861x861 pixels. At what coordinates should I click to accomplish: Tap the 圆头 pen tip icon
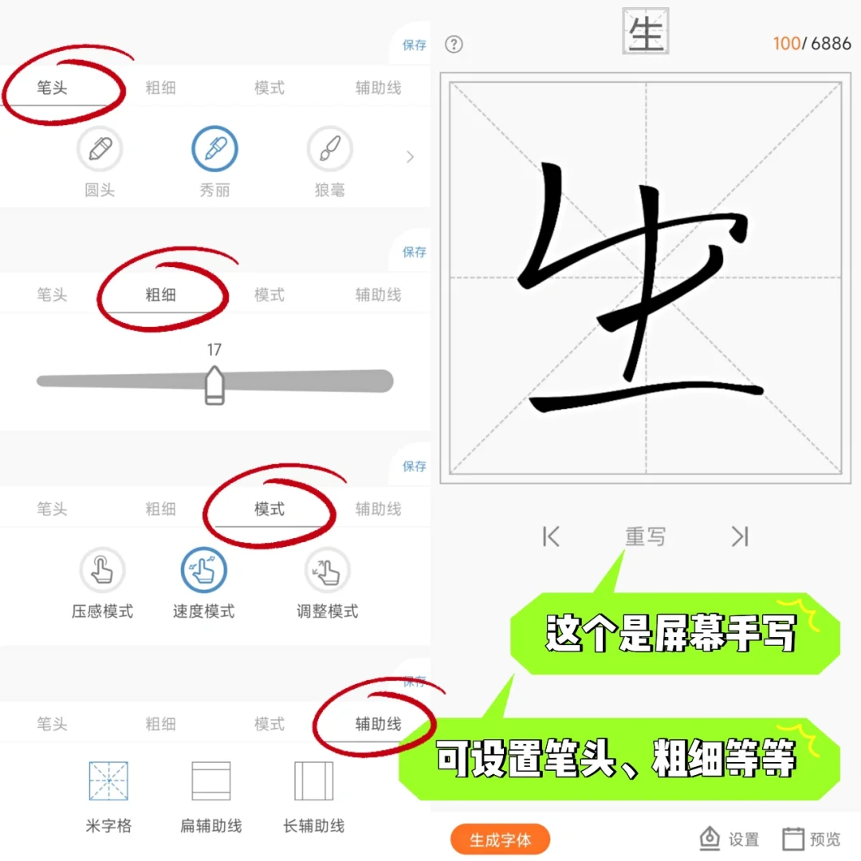[100, 149]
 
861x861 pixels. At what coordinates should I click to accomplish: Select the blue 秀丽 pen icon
[214, 149]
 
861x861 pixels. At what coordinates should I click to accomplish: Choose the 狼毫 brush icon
[329, 149]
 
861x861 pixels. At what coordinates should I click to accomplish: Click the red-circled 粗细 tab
[160, 295]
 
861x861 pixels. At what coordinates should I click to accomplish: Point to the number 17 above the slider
[214, 350]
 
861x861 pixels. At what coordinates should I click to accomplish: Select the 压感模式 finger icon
[102, 570]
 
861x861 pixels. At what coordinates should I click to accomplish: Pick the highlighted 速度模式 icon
[204, 570]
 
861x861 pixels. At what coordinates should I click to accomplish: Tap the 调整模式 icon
[328, 570]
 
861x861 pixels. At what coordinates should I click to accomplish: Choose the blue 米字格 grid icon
[108, 781]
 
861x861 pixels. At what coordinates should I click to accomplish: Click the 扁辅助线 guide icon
[211, 781]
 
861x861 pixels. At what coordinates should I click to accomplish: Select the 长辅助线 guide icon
[313, 781]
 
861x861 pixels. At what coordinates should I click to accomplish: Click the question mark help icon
[454, 44]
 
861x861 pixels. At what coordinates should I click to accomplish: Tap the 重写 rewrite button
[645, 537]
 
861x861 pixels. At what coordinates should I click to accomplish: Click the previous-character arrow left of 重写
[551, 537]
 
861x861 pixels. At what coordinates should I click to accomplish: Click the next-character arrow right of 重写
[740, 537]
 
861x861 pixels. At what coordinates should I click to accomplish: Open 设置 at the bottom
[729, 839]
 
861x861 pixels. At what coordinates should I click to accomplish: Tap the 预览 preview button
[812, 839]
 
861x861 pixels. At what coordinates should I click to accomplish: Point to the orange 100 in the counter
[786, 43]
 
